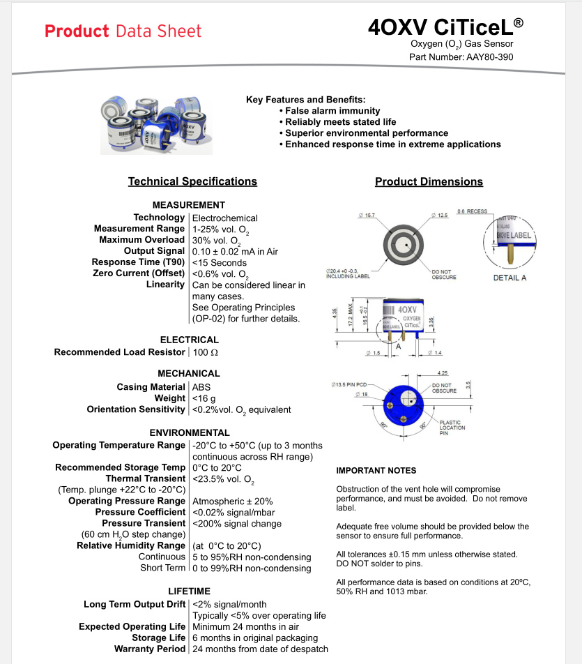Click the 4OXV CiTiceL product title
click(x=445, y=27)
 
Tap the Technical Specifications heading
click(x=192, y=181)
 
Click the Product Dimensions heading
click(x=429, y=181)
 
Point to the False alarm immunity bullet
click(x=332, y=111)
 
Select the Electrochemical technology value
click(x=225, y=218)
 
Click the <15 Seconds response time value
click(x=220, y=262)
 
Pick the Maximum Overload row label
click(x=141, y=240)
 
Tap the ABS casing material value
click(x=201, y=386)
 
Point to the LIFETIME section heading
click(x=189, y=591)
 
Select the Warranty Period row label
click(x=150, y=649)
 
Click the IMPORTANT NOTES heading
click(x=376, y=470)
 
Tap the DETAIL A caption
click(x=509, y=278)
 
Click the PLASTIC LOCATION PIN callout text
click(x=453, y=427)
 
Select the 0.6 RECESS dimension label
click(x=472, y=211)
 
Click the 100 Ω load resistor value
click(x=206, y=352)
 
